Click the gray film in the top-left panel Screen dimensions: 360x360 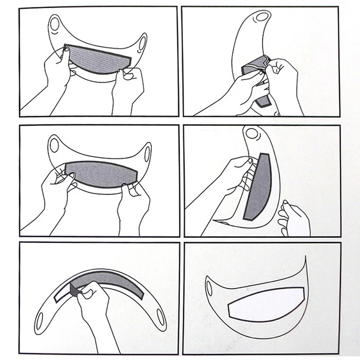coord(97,61)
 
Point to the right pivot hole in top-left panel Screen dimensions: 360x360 coord(143,43)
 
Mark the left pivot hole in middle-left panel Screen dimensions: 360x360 coord(54,145)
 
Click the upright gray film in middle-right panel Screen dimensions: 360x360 coord(259,184)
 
